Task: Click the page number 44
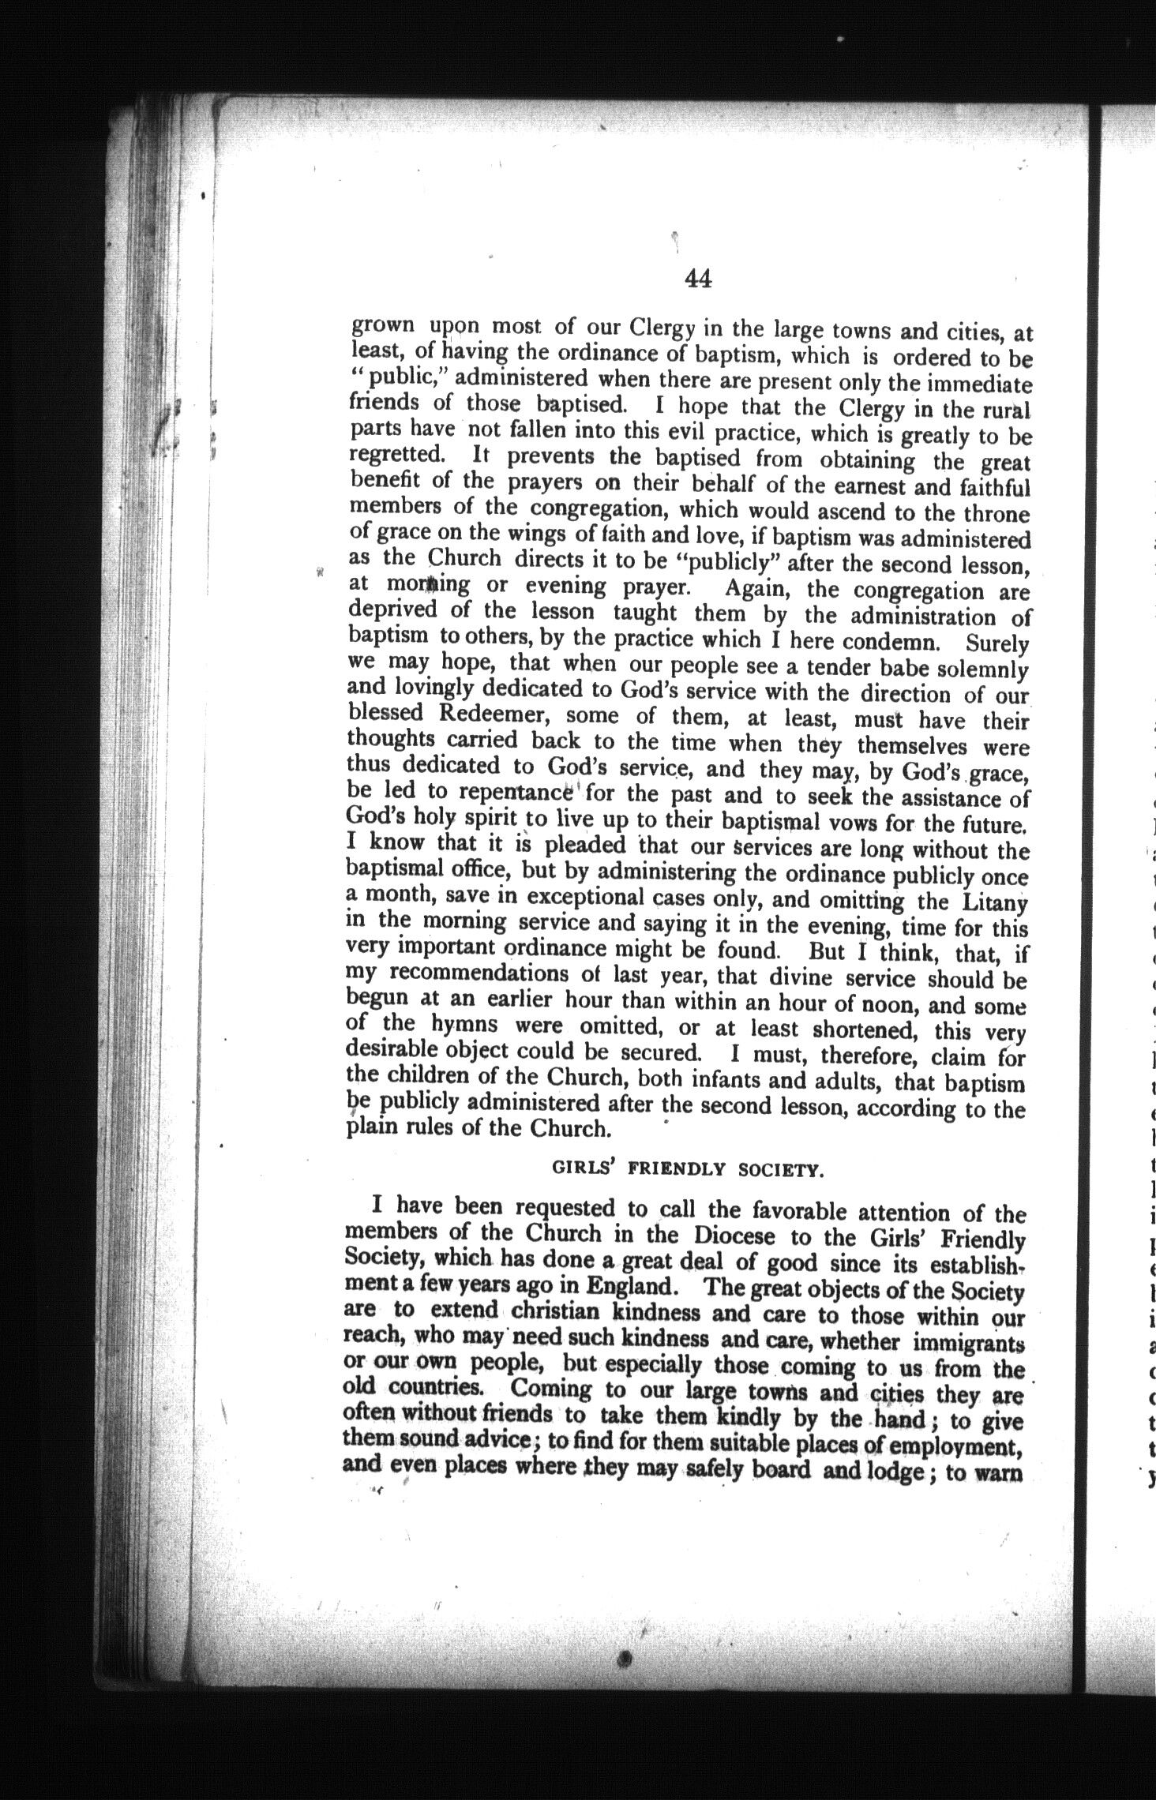698,279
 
